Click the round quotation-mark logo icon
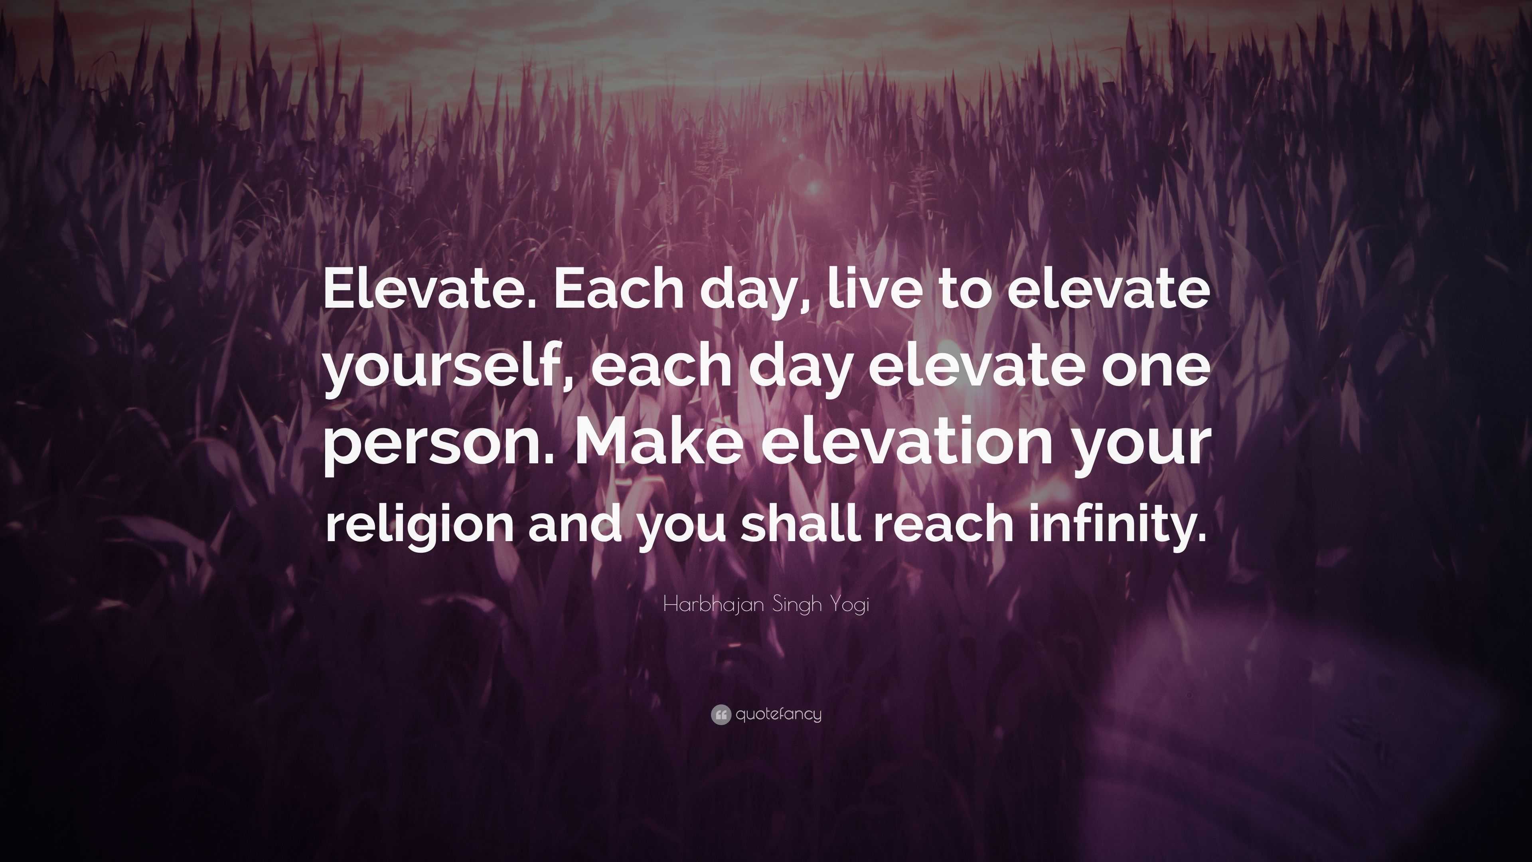point(720,714)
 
